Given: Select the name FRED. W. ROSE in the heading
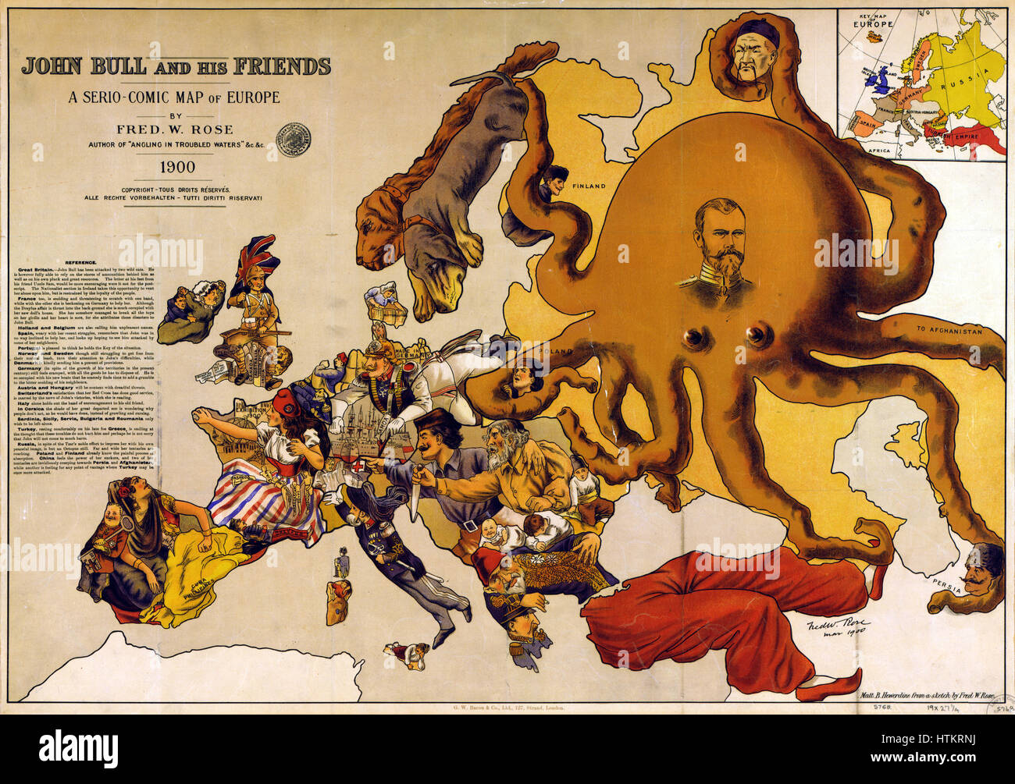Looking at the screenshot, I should (176, 129).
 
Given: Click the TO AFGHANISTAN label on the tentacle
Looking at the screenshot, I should (949, 331).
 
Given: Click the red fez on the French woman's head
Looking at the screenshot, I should (287, 402).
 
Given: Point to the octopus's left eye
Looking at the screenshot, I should (693, 337).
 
